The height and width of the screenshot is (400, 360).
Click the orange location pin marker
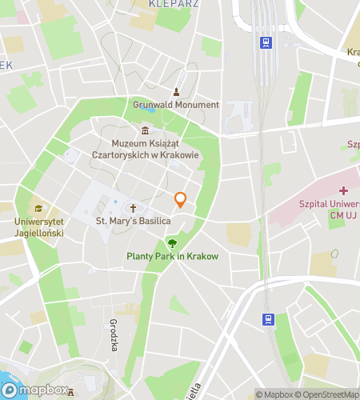(181, 199)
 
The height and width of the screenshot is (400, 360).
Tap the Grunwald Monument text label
(175, 105)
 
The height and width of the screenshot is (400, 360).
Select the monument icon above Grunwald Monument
(175, 91)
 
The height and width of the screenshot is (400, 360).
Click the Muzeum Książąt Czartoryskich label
(145, 149)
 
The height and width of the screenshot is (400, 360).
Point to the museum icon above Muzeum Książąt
(145, 130)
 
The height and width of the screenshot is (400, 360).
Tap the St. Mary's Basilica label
(133, 219)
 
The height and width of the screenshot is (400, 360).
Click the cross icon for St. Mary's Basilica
(134, 205)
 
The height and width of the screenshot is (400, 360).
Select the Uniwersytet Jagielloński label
(38, 226)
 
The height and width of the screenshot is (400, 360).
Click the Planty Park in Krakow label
(172, 256)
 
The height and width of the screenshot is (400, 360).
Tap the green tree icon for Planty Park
(172, 242)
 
